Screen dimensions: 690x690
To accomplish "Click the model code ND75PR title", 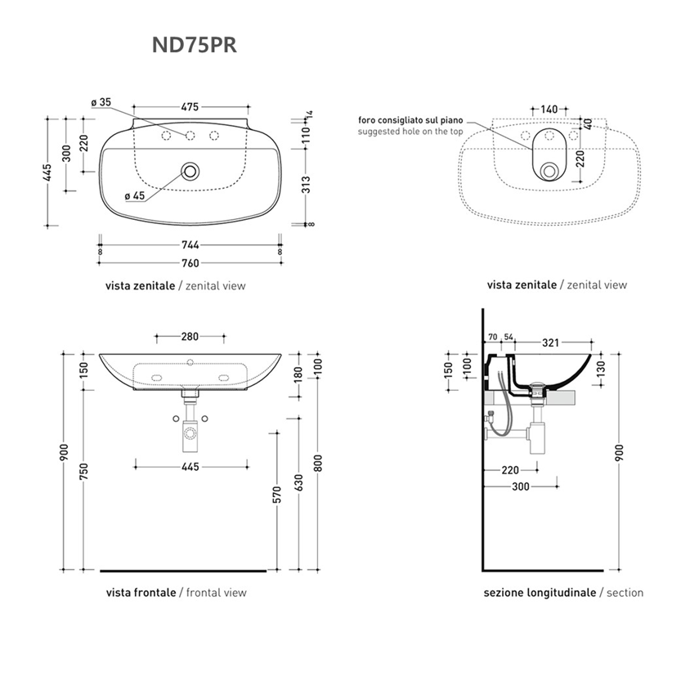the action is [194, 45].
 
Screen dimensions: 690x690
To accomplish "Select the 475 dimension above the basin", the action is [190, 107].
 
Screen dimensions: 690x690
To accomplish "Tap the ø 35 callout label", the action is [101, 102].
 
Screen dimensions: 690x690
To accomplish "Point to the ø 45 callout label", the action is [135, 196].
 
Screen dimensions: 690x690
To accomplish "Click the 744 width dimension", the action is [190, 244].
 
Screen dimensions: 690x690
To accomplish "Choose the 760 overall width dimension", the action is [190, 263].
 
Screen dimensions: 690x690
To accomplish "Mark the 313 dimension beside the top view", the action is [307, 185].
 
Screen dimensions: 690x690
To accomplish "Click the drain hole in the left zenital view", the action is [190, 171].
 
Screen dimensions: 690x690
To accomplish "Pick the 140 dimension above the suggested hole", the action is [549, 109].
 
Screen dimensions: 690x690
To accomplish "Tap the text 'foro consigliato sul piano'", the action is [410, 120].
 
